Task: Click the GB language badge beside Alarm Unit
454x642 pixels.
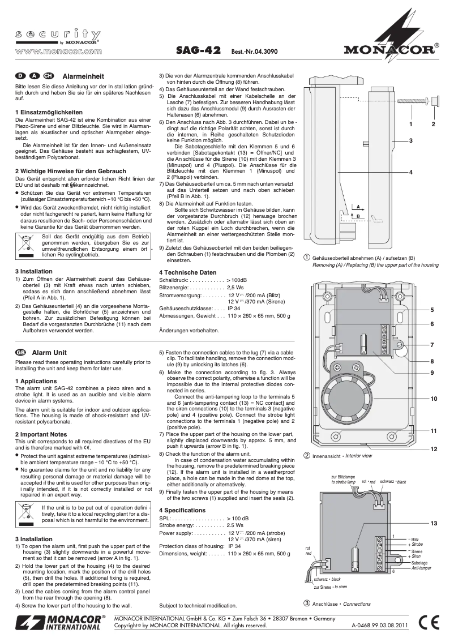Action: (22, 352)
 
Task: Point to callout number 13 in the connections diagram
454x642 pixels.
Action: (434, 523)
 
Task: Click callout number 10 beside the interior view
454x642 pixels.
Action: (434, 399)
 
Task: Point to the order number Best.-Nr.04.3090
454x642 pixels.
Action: (255, 52)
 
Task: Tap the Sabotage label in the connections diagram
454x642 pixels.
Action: (419, 563)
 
